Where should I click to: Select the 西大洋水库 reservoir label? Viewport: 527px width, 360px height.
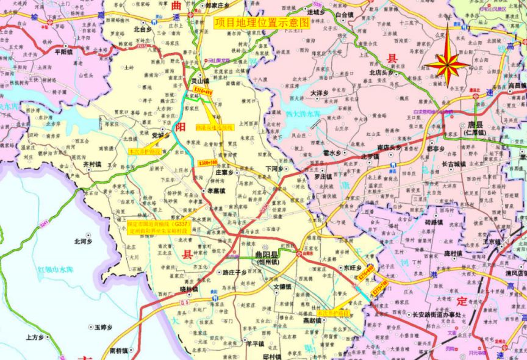(x=303, y=112)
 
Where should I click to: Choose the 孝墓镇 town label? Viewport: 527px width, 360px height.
(x=214, y=191)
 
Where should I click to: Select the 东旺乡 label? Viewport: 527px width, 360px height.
(x=352, y=267)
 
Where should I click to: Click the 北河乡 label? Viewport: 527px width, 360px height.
(x=82, y=242)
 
